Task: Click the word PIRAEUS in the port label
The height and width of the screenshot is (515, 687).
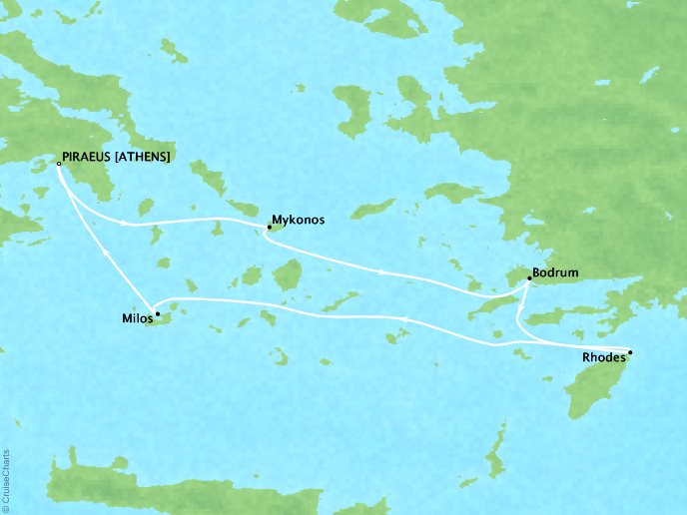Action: coord(89,158)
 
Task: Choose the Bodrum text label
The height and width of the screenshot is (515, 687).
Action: coord(555,272)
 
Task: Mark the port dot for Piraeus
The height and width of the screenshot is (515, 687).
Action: coord(58,164)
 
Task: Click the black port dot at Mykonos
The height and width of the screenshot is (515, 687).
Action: coord(269,228)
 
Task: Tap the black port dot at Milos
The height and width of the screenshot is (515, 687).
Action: coord(157,313)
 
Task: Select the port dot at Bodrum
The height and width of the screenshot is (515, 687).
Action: coord(529,280)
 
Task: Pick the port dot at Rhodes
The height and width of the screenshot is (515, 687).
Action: coord(629,352)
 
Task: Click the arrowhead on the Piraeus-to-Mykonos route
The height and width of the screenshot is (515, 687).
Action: coord(124,224)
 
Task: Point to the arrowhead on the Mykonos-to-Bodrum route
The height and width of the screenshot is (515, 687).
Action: coord(383,271)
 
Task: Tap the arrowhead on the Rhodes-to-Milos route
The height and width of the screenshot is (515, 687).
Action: coord(404,317)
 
